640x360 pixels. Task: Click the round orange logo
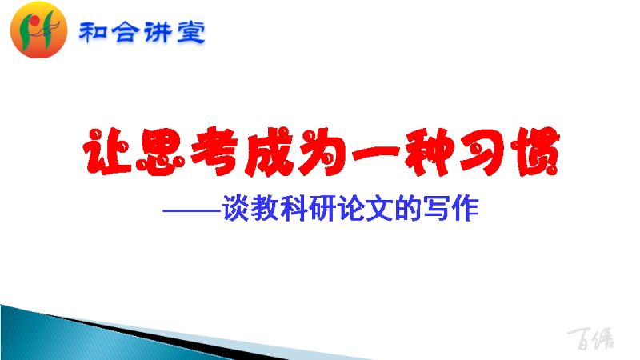pyautogui.click(x=38, y=30)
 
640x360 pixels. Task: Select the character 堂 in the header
pyautogui.click(x=191, y=33)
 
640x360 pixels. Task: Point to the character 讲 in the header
pyautogui.click(x=158, y=33)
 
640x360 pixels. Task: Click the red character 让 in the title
pyautogui.click(x=107, y=152)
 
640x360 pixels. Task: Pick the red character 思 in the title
pyautogui.click(x=160, y=152)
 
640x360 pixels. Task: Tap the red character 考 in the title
pyautogui.click(x=215, y=152)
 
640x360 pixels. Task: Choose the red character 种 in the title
pyautogui.click(x=429, y=152)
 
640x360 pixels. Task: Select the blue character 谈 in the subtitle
pyautogui.click(x=235, y=209)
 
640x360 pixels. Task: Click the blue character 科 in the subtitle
pyautogui.click(x=293, y=209)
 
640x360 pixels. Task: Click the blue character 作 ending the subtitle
pyautogui.click(x=466, y=209)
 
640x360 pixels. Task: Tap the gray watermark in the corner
pyautogui.click(x=591, y=338)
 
